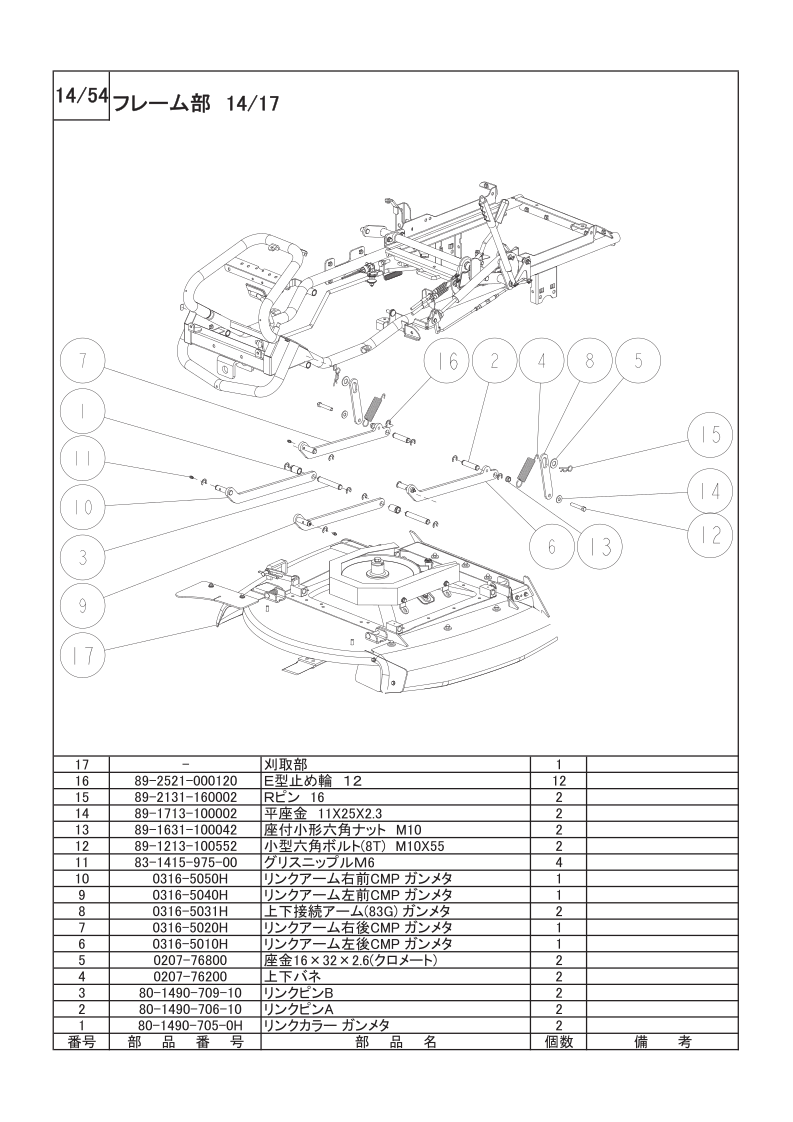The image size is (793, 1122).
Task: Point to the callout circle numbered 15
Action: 709,436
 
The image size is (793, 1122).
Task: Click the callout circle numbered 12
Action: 709,534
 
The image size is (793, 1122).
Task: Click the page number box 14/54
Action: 80,97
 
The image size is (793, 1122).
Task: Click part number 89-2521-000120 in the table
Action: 185,780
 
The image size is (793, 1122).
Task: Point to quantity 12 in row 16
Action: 558,780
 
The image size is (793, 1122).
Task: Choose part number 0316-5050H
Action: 185,878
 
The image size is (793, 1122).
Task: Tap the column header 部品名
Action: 395,1042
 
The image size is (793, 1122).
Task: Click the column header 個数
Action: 558,1042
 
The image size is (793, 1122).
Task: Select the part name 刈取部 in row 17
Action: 280,763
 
